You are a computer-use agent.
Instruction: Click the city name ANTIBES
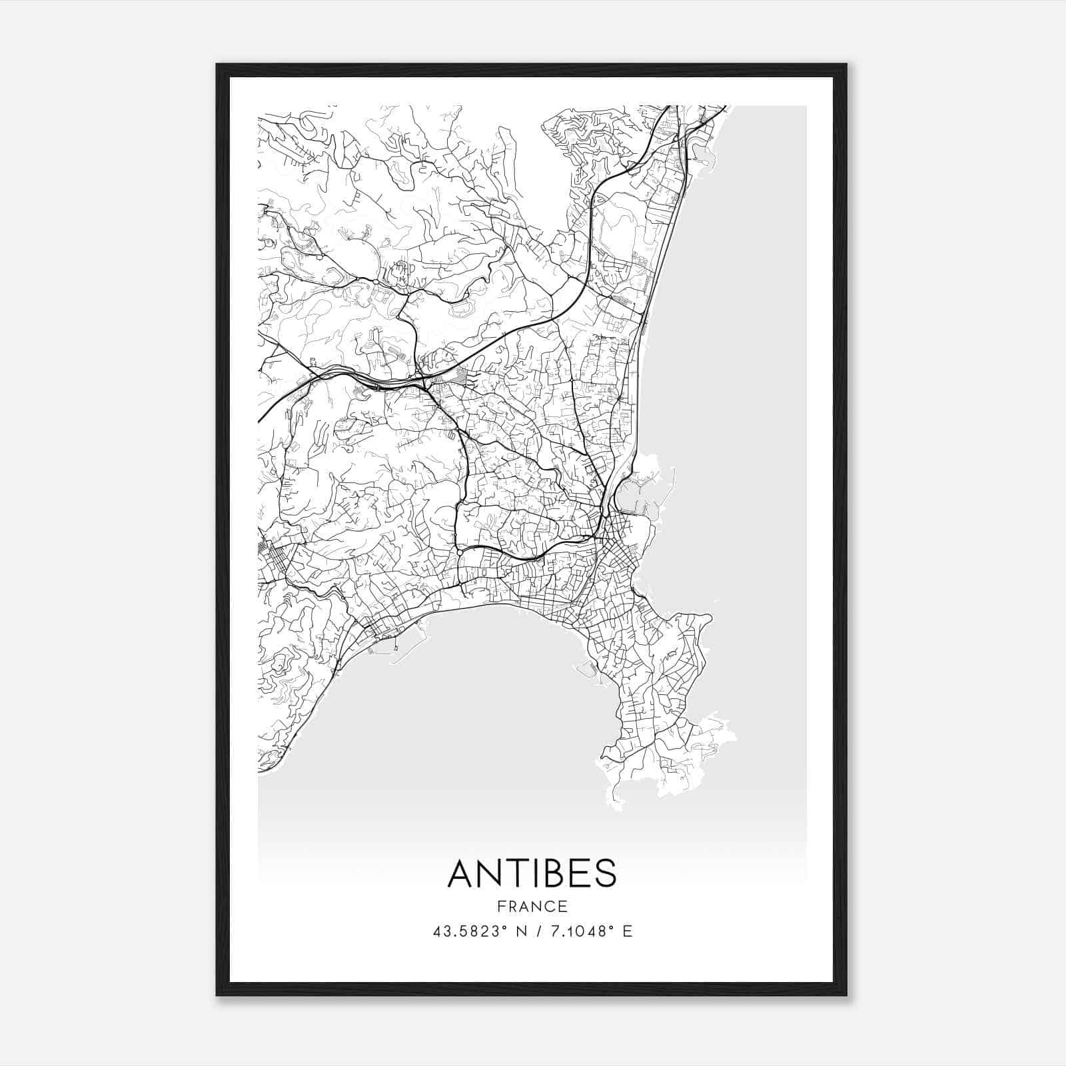[x=532, y=874]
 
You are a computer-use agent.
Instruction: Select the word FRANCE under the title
[x=532, y=906]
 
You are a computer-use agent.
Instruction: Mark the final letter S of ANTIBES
[x=606, y=874]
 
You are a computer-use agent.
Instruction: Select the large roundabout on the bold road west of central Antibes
[x=460, y=552]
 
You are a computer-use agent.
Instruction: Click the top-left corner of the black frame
[x=218, y=65]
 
